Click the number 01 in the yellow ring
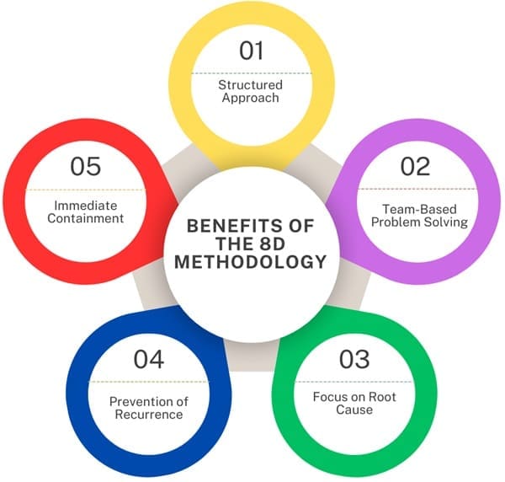[x=251, y=51]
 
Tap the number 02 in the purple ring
[x=415, y=166]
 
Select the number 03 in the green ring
[x=354, y=359]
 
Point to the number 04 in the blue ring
[x=149, y=360]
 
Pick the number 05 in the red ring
[x=86, y=166]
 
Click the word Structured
[x=250, y=85]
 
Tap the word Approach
[x=250, y=98]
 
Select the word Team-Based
[x=419, y=209]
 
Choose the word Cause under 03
[x=354, y=410]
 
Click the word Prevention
[x=137, y=401]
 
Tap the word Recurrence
[x=149, y=415]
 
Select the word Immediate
[x=86, y=206]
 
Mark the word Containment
[x=86, y=218]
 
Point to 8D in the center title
[x=272, y=244]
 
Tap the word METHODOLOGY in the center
[x=251, y=261]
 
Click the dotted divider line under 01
[x=251, y=73]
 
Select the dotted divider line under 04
[x=149, y=382]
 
